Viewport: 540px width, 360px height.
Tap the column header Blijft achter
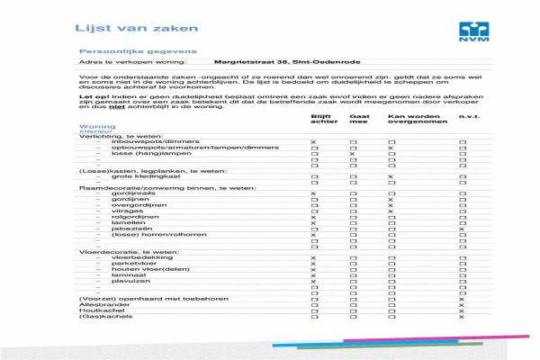pyautogui.click(x=321, y=119)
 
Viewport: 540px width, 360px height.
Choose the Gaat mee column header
pyautogui.click(x=358, y=119)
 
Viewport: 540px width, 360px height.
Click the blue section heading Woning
pyautogui.click(x=97, y=127)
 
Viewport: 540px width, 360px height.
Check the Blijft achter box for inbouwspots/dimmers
pyautogui.click(x=313, y=142)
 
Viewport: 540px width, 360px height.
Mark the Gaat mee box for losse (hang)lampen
pyautogui.click(x=353, y=154)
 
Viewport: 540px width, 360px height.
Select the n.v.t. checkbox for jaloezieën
pyautogui.click(x=462, y=229)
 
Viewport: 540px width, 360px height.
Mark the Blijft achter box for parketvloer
pyautogui.click(x=313, y=264)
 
